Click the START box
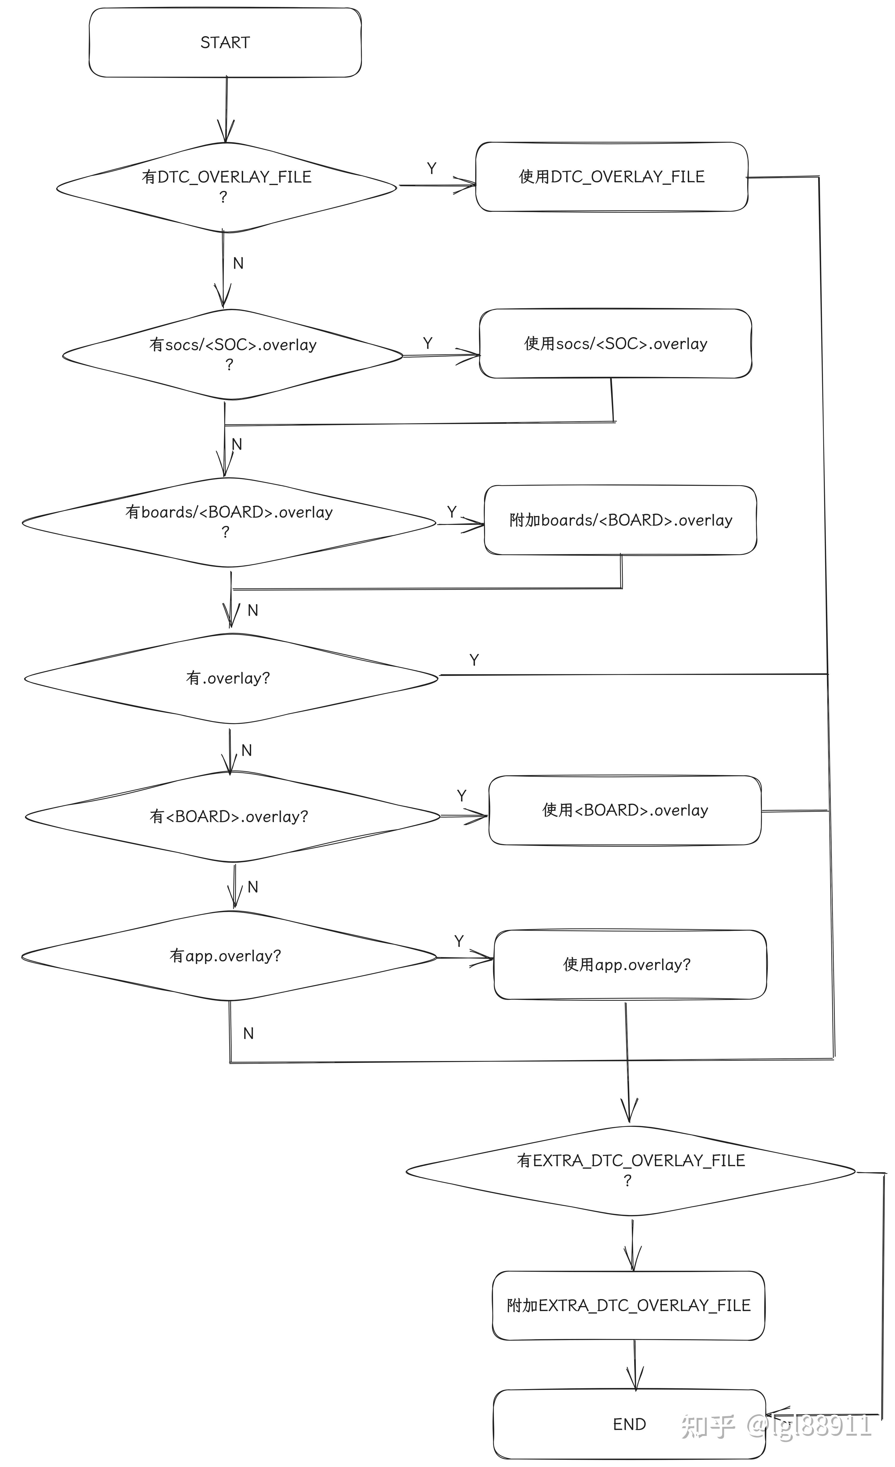click(x=225, y=42)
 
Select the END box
click(x=629, y=1424)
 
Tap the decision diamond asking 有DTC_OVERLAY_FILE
click(x=226, y=187)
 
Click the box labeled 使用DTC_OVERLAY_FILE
click(x=612, y=177)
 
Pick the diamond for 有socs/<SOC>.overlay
click(x=232, y=354)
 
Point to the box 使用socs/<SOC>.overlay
click(x=615, y=344)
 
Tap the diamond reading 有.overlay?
click(x=229, y=678)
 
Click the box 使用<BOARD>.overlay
click(x=625, y=810)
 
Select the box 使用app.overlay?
click(x=630, y=965)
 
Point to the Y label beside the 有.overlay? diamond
click(x=474, y=660)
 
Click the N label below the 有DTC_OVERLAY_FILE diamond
click(x=238, y=263)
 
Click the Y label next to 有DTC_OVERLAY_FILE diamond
click(x=431, y=168)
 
